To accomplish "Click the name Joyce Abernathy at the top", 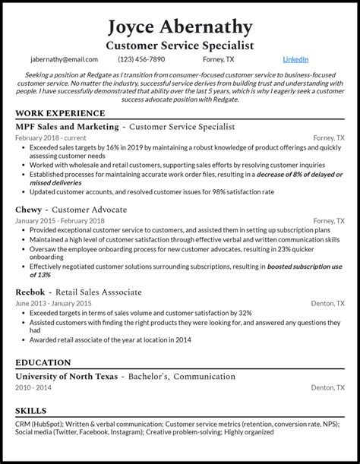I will (180, 27).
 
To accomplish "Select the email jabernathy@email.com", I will (64, 59).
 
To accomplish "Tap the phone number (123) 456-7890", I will (141, 59).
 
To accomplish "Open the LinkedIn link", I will (295, 59).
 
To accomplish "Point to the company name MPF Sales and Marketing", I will (67, 127).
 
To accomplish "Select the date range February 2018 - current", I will (49, 138).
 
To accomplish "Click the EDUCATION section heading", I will (43, 363).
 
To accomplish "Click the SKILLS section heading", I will (31, 410).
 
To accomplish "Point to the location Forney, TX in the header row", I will (219, 59).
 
